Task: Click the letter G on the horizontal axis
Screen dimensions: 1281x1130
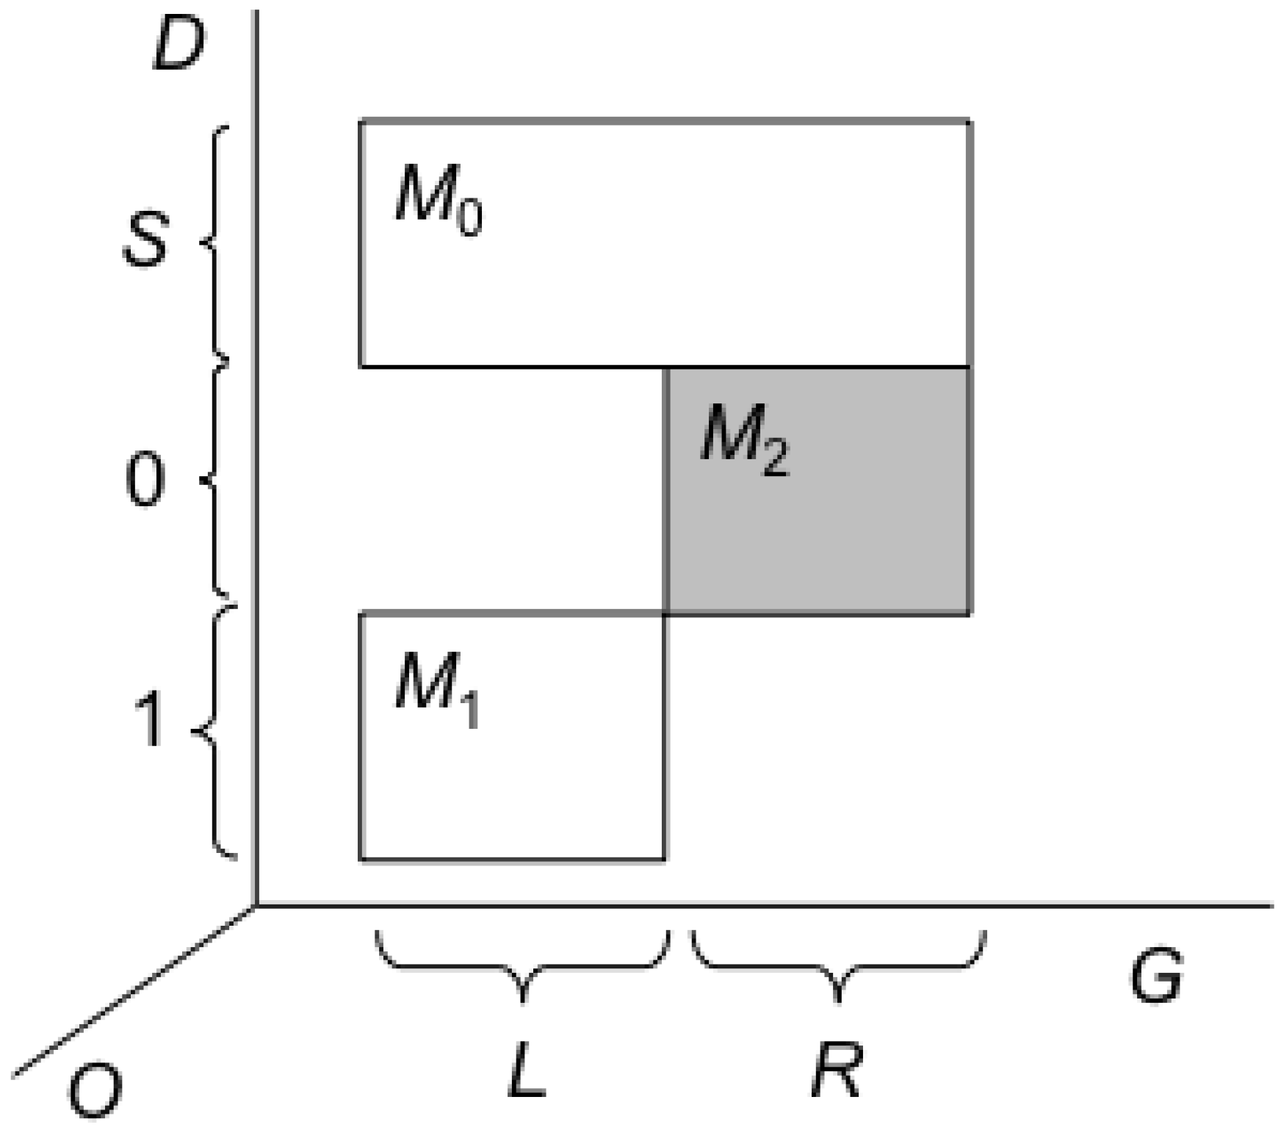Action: click(x=1156, y=976)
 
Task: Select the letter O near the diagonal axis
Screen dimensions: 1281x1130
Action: click(x=95, y=1093)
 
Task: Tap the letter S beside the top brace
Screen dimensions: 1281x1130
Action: click(x=146, y=240)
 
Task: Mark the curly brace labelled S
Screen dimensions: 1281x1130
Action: click(x=215, y=242)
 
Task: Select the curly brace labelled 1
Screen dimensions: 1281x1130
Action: click(x=215, y=731)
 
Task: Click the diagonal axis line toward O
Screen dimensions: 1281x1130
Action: click(x=132, y=992)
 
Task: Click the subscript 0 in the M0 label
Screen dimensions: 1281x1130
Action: click(x=469, y=220)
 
